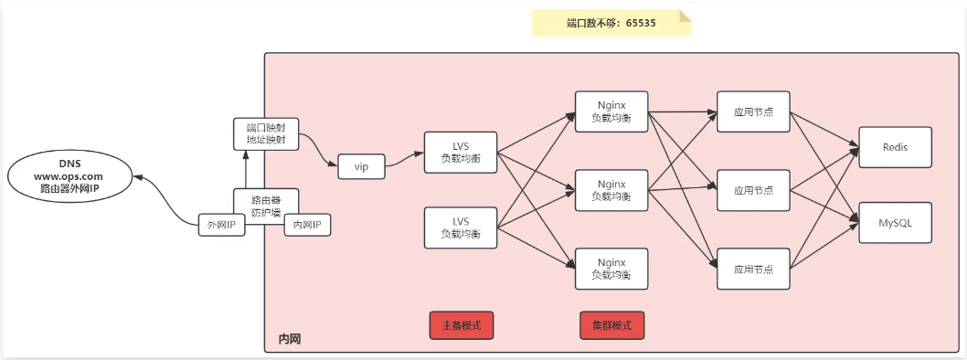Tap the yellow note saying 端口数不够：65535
coord(611,23)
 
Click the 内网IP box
coord(307,225)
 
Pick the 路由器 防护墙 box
coord(265,206)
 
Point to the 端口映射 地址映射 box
coord(265,133)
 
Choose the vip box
coord(361,166)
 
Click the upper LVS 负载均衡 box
coord(462,154)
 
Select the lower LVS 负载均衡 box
coord(462,228)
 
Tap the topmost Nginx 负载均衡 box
coord(611,111)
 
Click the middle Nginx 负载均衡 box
coord(611,189)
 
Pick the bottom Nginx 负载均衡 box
coord(611,269)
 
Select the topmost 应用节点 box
coord(753,111)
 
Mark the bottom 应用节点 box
coord(753,269)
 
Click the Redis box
coord(895,146)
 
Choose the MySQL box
coord(895,222)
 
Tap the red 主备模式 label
coord(462,324)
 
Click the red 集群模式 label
coord(611,324)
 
